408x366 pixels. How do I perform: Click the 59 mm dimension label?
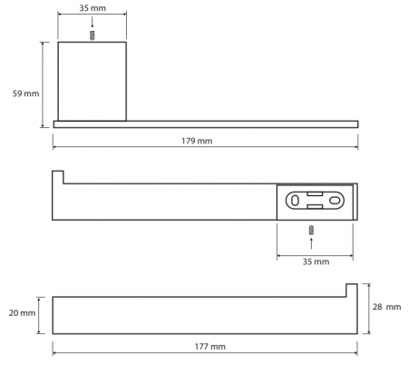pyautogui.click(x=25, y=94)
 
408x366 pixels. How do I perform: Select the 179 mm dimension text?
pyautogui.click(x=197, y=141)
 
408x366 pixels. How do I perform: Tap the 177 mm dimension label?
pyautogui.click(x=210, y=346)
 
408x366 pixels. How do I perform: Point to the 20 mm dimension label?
pyautogui.click(x=22, y=313)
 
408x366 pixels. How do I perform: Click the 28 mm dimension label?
pyautogui.click(x=386, y=307)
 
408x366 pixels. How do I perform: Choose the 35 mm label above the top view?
pyautogui.click(x=92, y=8)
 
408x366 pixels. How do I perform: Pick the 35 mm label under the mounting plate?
pyautogui.click(x=316, y=262)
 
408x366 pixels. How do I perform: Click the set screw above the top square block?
pyautogui.click(x=92, y=35)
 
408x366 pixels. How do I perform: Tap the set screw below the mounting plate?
pyautogui.click(x=311, y=231)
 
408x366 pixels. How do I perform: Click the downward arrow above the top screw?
pyautogui.click(x=92, y=23)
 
